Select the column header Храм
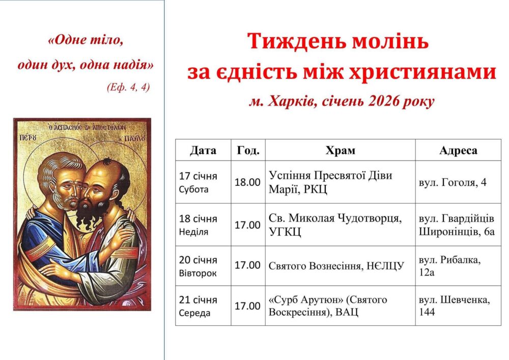[340, 150]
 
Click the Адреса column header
[458, 150]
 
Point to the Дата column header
[203, 150]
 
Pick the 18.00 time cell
[247, 182]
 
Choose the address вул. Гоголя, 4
[453, 182]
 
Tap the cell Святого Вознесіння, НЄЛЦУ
[336, 266]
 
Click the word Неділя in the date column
[193, 232]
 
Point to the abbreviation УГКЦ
[285, 232]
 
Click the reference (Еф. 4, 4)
[128, 87]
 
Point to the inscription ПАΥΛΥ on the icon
[136, 139]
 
